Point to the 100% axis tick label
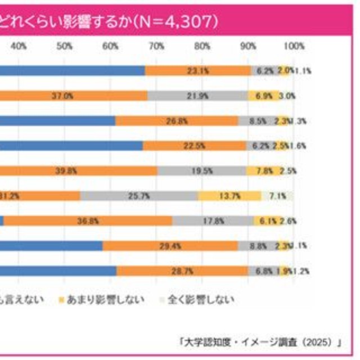click(294, 46)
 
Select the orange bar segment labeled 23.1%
click(198, 71)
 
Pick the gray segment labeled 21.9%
click(197, 96)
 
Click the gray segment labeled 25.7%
click(138, 196)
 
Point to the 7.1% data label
click(278, 196)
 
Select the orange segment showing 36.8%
click(87, 221)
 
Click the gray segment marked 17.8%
click(213, 221)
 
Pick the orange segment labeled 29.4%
click(170, 246)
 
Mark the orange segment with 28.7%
click(182, 271)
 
